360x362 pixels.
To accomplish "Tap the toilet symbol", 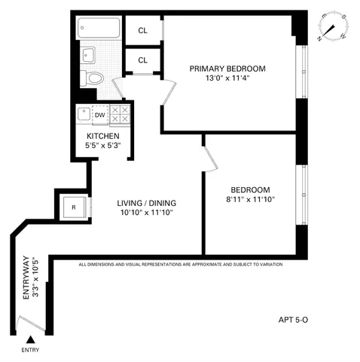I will point(94,77).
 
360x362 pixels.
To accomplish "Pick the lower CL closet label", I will point(142,60).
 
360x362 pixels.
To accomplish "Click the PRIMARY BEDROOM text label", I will point(227,68).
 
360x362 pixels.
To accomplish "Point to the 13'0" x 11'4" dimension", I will point(227,78).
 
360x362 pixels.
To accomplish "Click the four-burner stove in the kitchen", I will point(120,115).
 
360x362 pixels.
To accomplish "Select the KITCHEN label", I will point(102,136).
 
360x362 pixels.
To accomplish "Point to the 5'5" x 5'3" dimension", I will point(102,146).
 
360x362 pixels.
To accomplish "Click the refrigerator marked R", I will point(74,207).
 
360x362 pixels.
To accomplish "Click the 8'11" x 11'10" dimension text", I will point(252,200).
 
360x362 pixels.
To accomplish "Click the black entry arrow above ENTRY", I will point(30,340).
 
